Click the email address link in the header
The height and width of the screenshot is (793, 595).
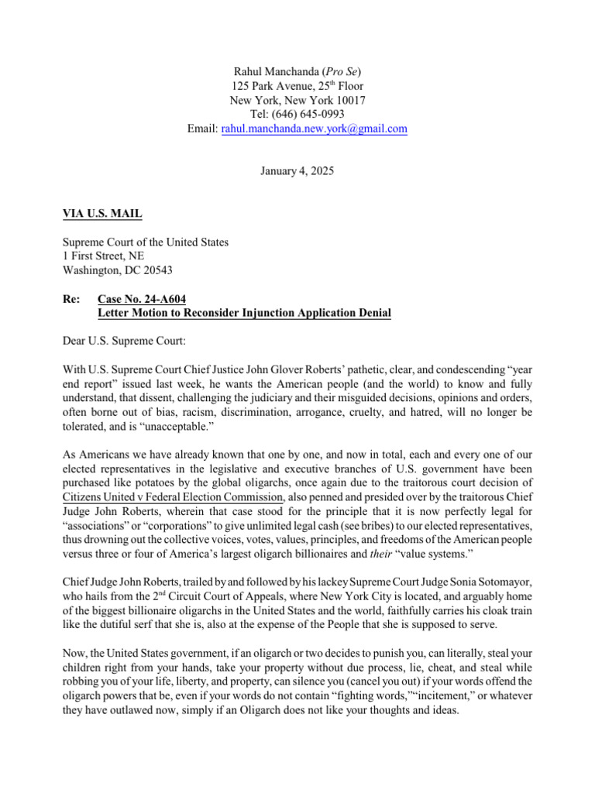314,129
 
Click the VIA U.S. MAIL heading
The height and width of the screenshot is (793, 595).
102,214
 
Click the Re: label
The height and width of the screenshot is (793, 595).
73,299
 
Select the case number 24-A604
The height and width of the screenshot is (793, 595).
169,299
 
